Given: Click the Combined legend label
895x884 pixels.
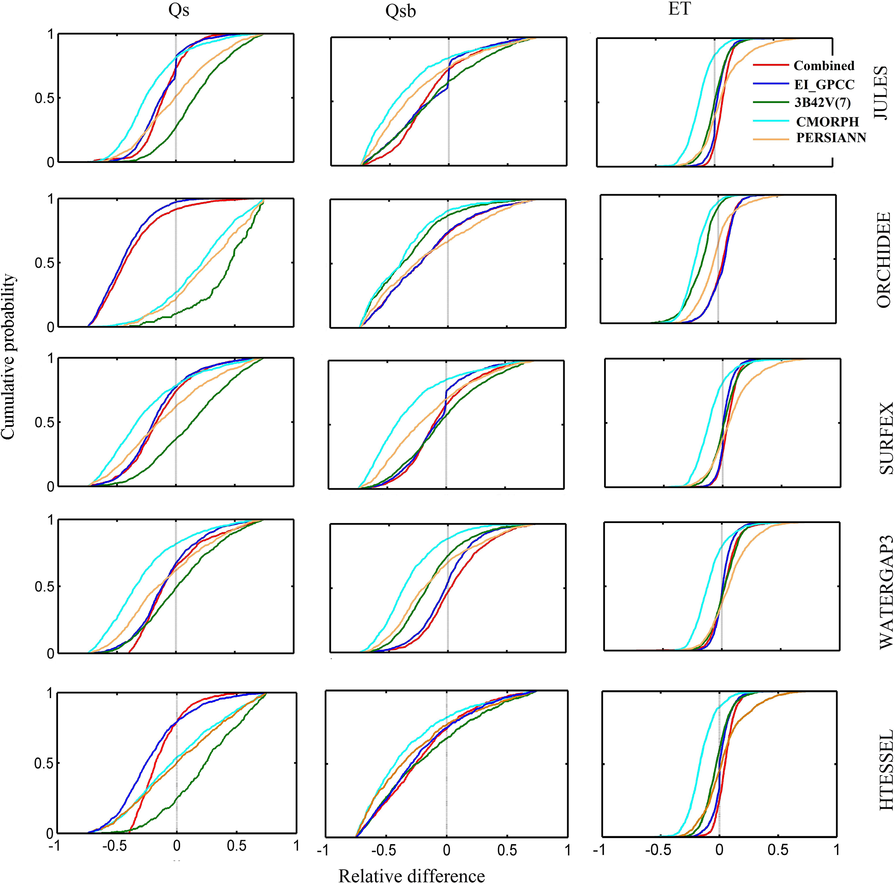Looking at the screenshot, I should click(824, 66).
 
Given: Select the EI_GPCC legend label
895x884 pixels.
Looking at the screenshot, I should click(824, 85).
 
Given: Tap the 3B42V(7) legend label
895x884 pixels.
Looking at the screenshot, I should click(822, 103).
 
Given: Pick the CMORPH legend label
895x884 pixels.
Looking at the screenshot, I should click(827, 122).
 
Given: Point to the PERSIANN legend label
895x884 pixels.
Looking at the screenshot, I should click(831, 138).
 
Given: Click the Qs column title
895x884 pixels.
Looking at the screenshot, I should click(179, 10).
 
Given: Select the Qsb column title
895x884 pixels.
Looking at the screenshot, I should click(401, 12).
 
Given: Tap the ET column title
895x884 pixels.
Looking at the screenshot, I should click(679, 9).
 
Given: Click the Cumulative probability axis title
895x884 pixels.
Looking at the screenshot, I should click(9, 356).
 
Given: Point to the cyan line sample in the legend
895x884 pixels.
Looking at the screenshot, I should click(770, 120).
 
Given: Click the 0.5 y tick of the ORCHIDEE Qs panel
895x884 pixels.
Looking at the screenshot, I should click(44, 263).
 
